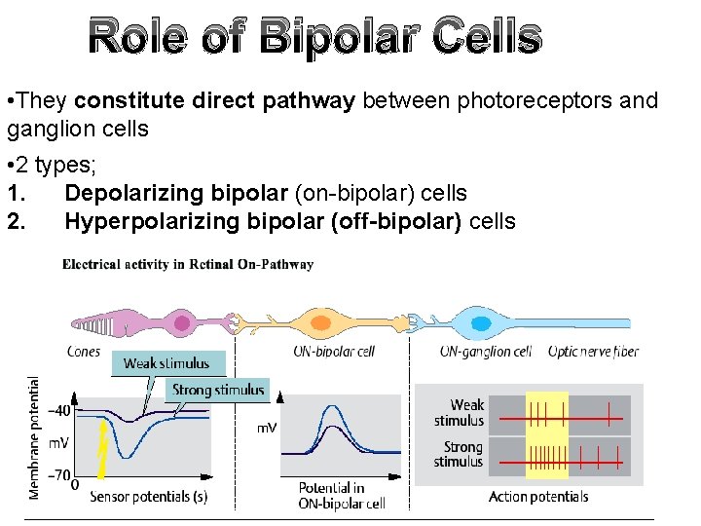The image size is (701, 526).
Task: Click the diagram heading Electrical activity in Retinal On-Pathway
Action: pyautogui.click(x=188, y=264)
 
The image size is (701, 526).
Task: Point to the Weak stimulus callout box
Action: pyautogui.click(x=166, y=363)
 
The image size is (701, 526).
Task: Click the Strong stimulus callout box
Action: pyautogui.click(x=217, y=390)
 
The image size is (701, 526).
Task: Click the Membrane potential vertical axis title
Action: pyautogui.click(x=35, y=437)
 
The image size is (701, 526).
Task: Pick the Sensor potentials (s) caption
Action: pyautogui.click(x=148, y=497)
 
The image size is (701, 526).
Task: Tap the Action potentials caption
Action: pyautogui.click(x=537, y=497)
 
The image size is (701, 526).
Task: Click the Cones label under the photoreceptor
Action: pyautogui.click(x=84, y=351)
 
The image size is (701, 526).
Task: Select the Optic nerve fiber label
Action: pyautogui.click(x=593, y=351)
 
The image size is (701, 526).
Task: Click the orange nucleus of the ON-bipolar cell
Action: pyautogui.click(x=322, y=321)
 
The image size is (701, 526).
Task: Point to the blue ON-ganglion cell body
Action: pyautogui.click(x=480, y=321)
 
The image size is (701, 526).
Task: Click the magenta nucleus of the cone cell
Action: pyautogui.click(x=181, y=321)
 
